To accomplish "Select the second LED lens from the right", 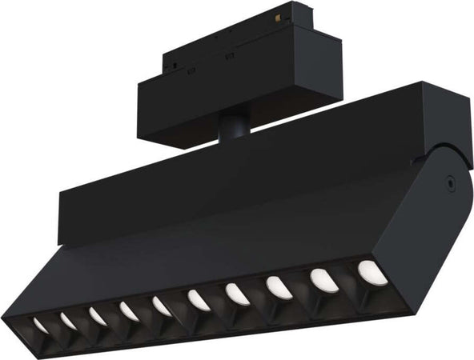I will (321, 278).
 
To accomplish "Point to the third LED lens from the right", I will (277, 286).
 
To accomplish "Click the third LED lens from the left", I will (98, 315).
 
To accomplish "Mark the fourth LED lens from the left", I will (129, 310).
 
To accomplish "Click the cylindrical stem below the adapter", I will (232, 127).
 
